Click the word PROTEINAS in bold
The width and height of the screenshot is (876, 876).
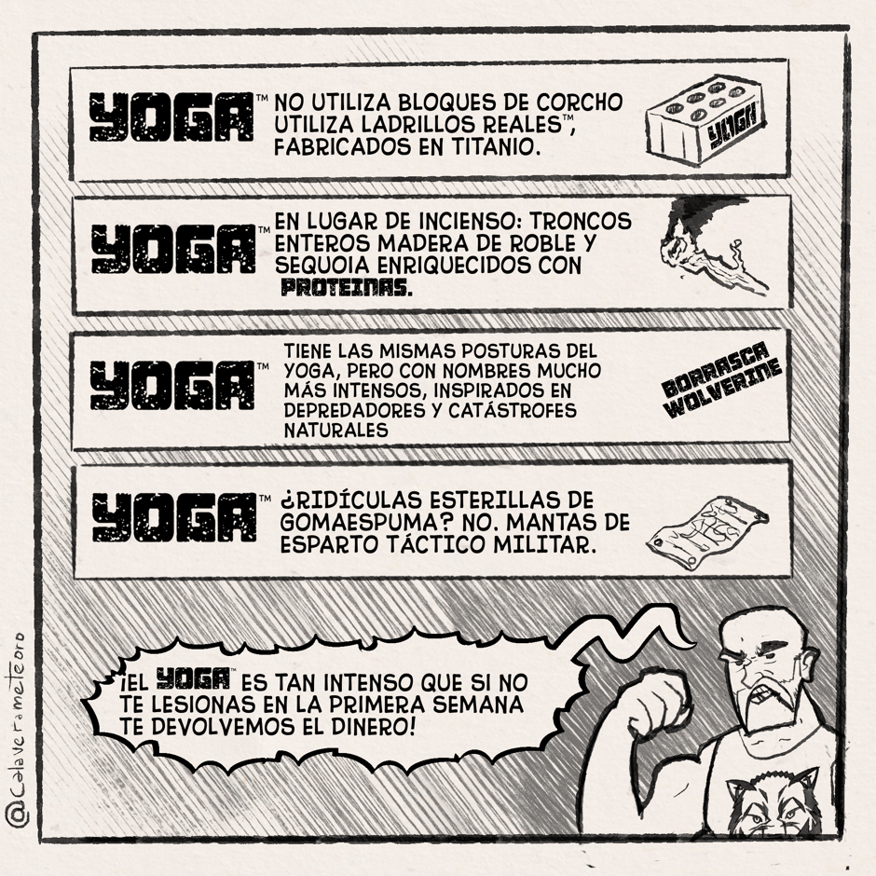[x=347, y=287]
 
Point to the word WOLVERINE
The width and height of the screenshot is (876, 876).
[x=725, y=391]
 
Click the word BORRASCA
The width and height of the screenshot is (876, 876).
[x=715, y=369]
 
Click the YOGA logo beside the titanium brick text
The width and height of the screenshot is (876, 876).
[x=171, y=116]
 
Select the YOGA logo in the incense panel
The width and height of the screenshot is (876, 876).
[x=173, y=249]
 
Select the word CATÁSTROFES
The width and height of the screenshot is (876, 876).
[x=513, y=411]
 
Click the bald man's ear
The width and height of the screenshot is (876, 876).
[x=806, y=666]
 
